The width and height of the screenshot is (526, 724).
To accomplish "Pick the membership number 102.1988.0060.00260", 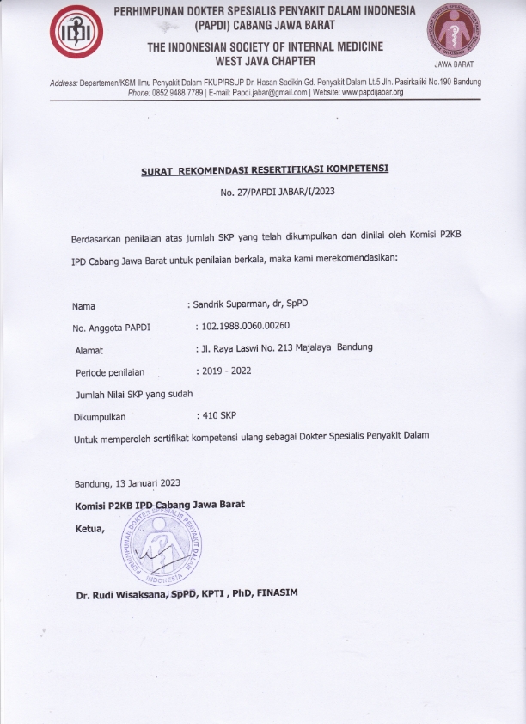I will [247, 327].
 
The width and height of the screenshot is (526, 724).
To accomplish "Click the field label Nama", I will [83, 306].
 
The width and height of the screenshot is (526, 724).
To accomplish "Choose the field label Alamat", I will [89, 350].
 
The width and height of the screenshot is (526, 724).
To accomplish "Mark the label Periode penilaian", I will [109, 372].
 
